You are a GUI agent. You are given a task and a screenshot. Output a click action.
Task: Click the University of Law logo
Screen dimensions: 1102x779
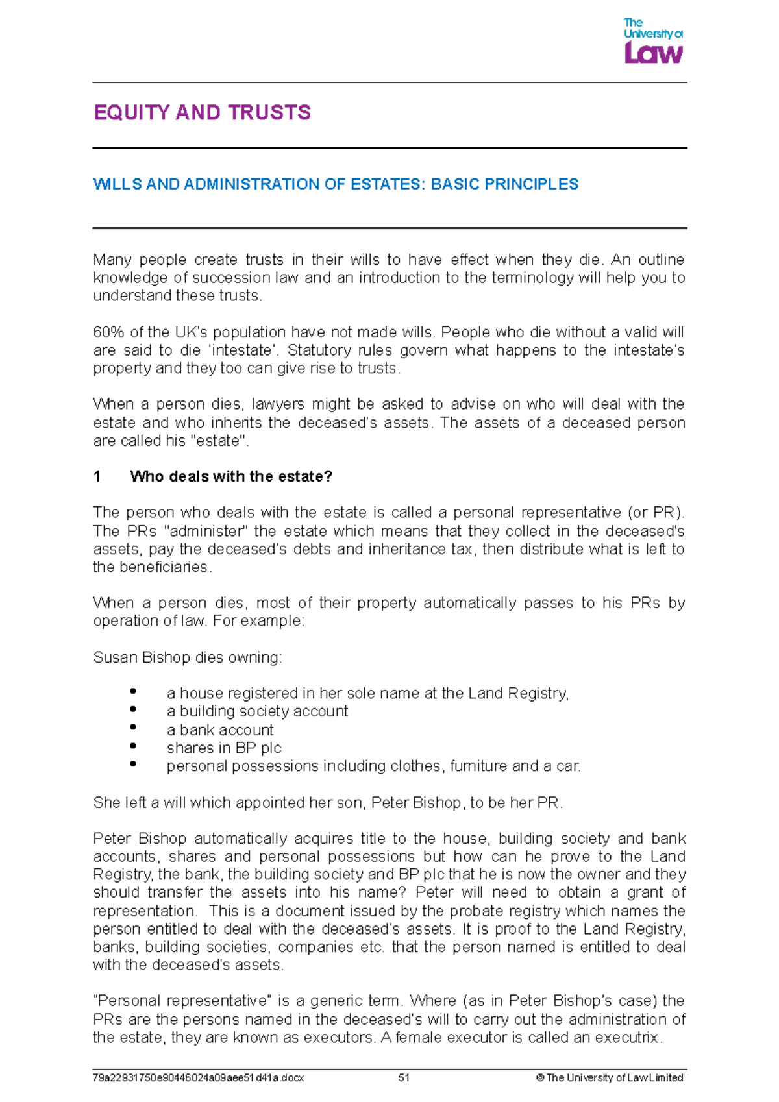click(653, 42)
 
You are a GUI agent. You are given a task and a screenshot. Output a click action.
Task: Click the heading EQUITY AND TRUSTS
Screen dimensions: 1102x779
click(202, 113)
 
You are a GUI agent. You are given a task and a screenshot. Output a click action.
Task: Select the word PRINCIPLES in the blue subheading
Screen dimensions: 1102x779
click(530, 184)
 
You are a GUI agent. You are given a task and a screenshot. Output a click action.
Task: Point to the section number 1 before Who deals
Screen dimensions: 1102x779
click(97, 477)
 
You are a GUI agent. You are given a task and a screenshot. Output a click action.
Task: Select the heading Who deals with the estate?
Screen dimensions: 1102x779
click(231, 477)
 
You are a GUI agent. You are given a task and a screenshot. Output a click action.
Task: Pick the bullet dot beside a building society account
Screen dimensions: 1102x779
click(133, 709)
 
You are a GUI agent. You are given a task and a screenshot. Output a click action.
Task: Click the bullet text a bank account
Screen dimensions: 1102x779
click(220, 730)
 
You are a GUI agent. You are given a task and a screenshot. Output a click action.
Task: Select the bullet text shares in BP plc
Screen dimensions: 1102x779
click(224, 748)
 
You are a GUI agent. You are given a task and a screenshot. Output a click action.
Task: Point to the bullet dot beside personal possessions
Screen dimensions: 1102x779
click(133, 764)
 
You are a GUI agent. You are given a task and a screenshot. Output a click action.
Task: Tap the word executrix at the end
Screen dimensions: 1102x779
click(628, 1038)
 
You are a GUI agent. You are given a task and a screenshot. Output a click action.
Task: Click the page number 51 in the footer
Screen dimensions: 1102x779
click(404, 1078)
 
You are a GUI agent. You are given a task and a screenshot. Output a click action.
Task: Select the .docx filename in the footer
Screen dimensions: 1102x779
click(199, 1078)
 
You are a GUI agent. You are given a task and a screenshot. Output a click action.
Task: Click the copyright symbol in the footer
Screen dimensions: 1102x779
click(540, 1078)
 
